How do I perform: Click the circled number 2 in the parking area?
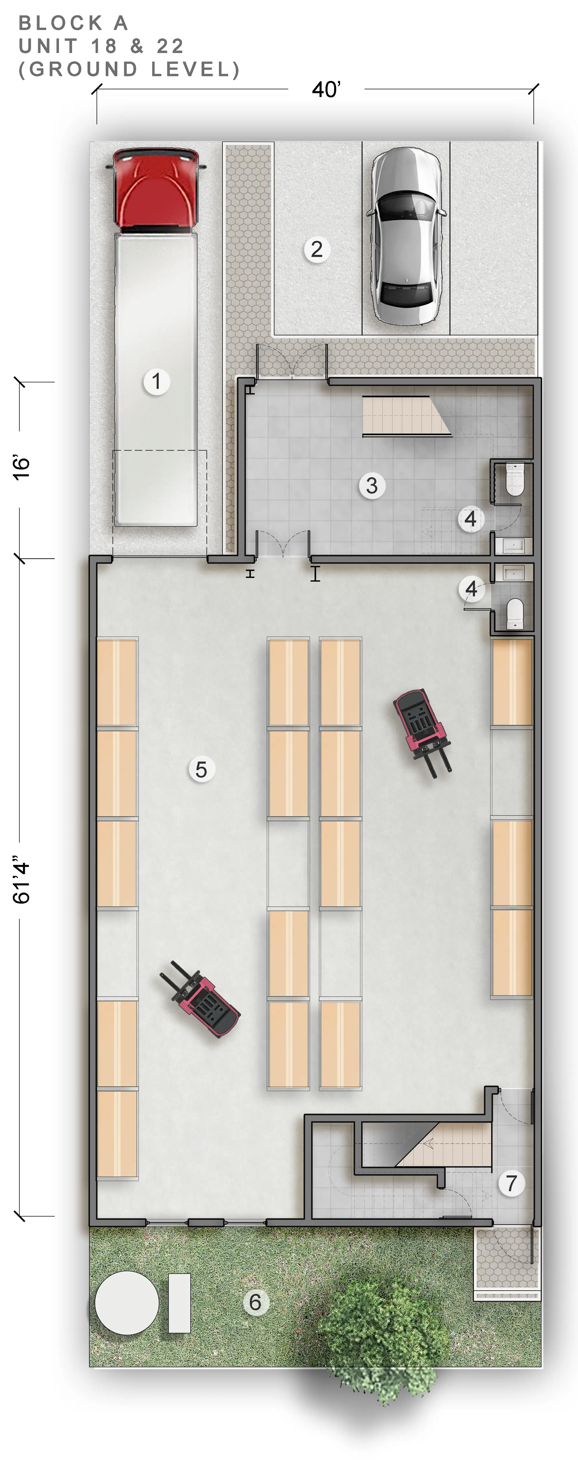tap(317, 249)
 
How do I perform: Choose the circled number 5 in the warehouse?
tap(201, 769)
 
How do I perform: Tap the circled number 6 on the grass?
tap(255, 1302)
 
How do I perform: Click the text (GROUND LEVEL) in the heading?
tap(129, 69)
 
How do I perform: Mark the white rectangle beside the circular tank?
tap(179, 1303)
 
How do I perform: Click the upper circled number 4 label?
tap(471, 519)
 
